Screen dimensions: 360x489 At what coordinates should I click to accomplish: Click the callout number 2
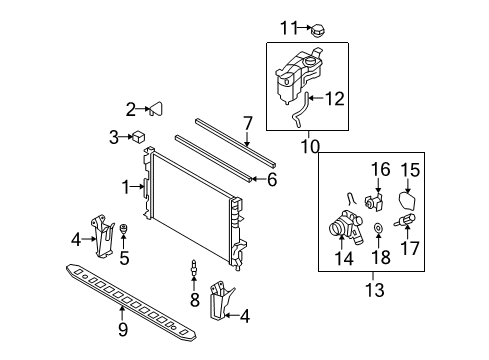tap(130, 109)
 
